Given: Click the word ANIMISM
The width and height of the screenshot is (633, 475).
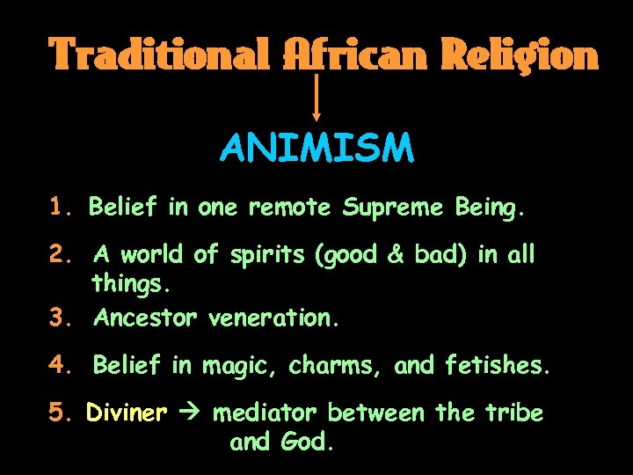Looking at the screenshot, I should [x=316, y=149].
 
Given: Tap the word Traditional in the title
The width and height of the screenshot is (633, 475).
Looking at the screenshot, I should [x=159, y=55].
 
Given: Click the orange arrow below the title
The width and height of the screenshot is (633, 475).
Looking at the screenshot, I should [x=316, y=97].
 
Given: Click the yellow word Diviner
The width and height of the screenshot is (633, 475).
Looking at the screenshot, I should [x=127, y=413].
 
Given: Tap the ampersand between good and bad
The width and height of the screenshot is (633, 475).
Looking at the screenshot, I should [x=395, y=255].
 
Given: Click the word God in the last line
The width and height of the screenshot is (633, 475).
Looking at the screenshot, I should [x=308, y=442].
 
